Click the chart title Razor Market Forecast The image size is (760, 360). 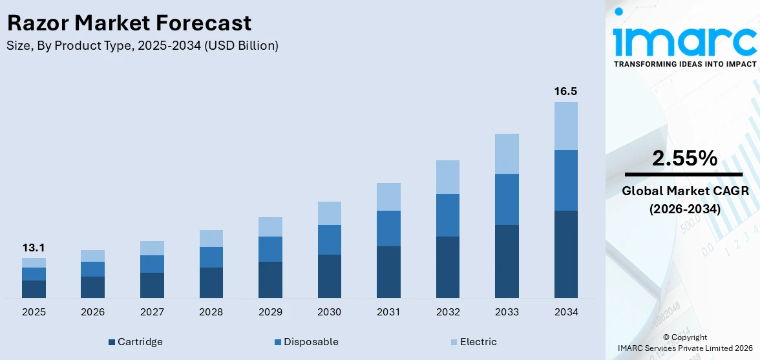(x=129, y=23)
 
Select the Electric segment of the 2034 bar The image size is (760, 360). (x=565, y=126)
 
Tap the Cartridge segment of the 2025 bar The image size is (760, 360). (x=34, y=289)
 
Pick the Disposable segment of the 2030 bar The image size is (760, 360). (x=329, y=240)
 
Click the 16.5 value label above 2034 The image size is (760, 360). (x=565, y=92)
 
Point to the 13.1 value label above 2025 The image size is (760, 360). (x=34, y=248)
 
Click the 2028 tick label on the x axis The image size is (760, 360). (x=211, y=312)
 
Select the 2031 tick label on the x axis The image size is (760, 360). (x=388, y=312)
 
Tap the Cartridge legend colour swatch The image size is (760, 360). (x=112, y=342)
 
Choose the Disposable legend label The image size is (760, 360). (x=311, y=342)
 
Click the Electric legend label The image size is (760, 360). (x=478, y=342)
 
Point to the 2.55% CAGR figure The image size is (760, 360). (x=684, y=158)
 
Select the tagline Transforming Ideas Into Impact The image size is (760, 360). (x=684, y=64)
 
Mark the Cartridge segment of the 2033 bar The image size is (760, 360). (x=507, y=261)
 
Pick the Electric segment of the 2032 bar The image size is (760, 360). (x=447, y=177)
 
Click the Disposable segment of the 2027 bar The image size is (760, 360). (x=152, y=264)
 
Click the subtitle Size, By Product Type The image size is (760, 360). (x=142, y=46)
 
